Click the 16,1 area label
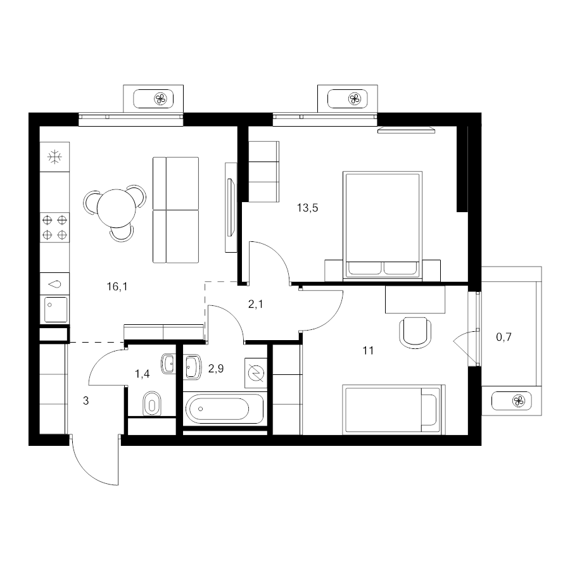[117, 287]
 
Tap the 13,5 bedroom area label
[308, 208]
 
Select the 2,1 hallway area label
[256, 304]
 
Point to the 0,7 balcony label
[504, 337]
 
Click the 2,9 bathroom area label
[216, 369]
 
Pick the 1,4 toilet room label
[142, 374]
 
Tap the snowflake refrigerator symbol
[54, 157]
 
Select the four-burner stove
[54, 227]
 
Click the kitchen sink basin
[56, 309]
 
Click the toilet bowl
[152, 403]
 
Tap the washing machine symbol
[256, 373]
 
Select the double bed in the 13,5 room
[383, 225]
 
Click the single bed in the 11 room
[394, 409]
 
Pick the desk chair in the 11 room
[415, 333]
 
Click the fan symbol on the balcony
[518, 402]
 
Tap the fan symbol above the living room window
[160, 99]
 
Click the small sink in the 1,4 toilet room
[168, 364]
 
